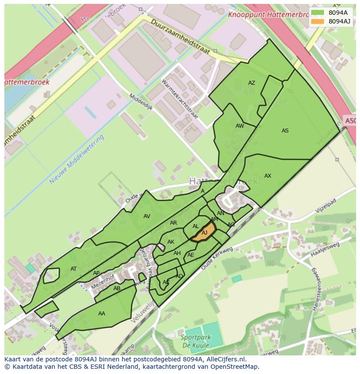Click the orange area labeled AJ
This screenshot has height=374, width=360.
(204, 232)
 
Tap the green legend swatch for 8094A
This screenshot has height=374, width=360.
(317, 13)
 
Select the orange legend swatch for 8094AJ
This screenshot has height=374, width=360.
(317, 21)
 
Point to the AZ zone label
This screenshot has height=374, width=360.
(251, 83)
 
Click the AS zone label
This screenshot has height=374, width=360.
(285, 131)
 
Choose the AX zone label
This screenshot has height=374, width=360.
(267, 176)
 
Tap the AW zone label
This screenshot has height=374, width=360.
(240, 126)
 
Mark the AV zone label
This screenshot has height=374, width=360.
(147, 216)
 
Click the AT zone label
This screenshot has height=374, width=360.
(73, 269)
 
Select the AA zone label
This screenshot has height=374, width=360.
(101, 314)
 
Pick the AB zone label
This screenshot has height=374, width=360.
(117, 288)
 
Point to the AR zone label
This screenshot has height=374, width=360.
(173, 223)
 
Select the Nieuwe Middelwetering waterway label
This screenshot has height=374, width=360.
(77, 159)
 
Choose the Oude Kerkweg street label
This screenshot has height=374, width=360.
(217, 259)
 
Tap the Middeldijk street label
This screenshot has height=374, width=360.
(140, 102)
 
